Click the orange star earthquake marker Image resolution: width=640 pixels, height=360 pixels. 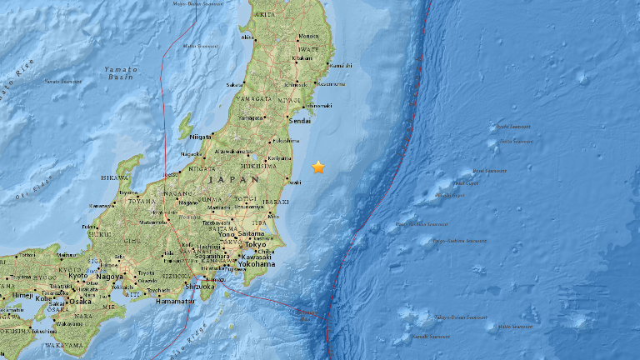(318, 167)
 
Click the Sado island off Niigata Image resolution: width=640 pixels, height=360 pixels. (186, 127)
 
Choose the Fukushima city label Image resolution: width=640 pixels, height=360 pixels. (282, 141)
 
